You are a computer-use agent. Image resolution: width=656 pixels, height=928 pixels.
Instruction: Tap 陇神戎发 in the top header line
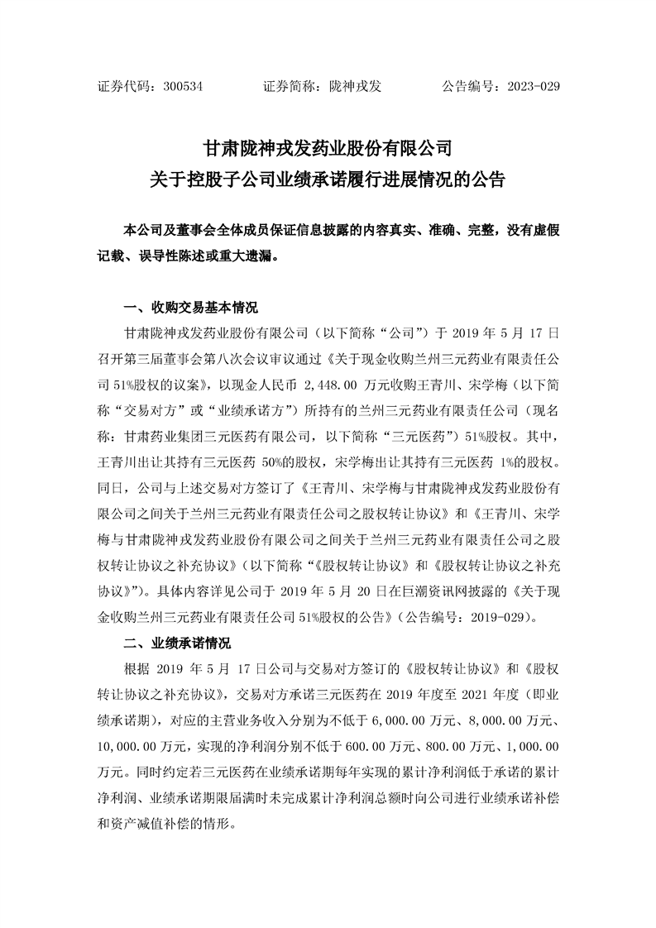pyautogui.click(x=355, y=85)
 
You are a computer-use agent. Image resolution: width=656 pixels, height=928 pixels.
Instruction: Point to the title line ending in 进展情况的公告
pyautogui.click(x=328, y=179)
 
